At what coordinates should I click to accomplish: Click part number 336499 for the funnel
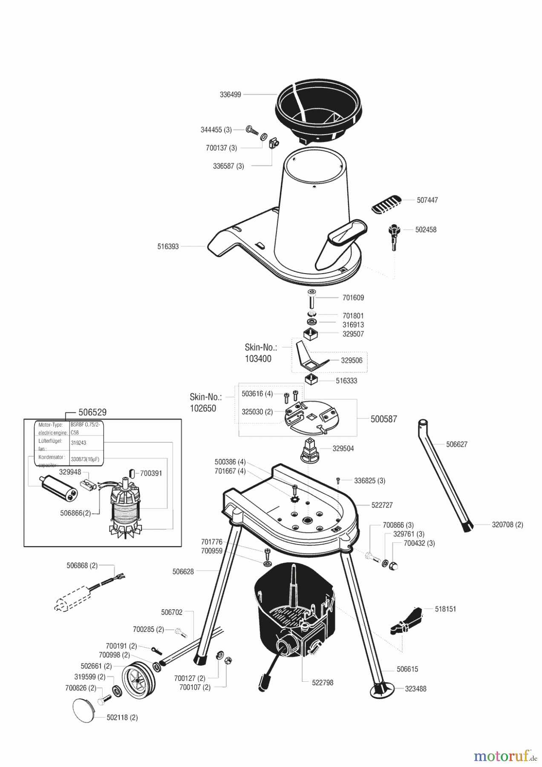pos(230,95)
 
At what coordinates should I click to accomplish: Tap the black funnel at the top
pos(320,113)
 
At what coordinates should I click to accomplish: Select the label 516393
pos(168,246)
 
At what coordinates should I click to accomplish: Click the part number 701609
pos(353,298)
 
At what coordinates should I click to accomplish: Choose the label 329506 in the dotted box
pos(352,360)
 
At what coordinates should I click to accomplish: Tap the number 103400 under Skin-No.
pos(258,359)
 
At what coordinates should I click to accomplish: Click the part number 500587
pos(383,419)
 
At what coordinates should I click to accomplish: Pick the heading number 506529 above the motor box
pos(92,412)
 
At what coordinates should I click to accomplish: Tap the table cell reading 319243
pos(78,443)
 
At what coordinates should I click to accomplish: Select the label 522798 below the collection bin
pos(323,683)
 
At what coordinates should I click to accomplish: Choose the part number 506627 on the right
pos(457,444)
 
